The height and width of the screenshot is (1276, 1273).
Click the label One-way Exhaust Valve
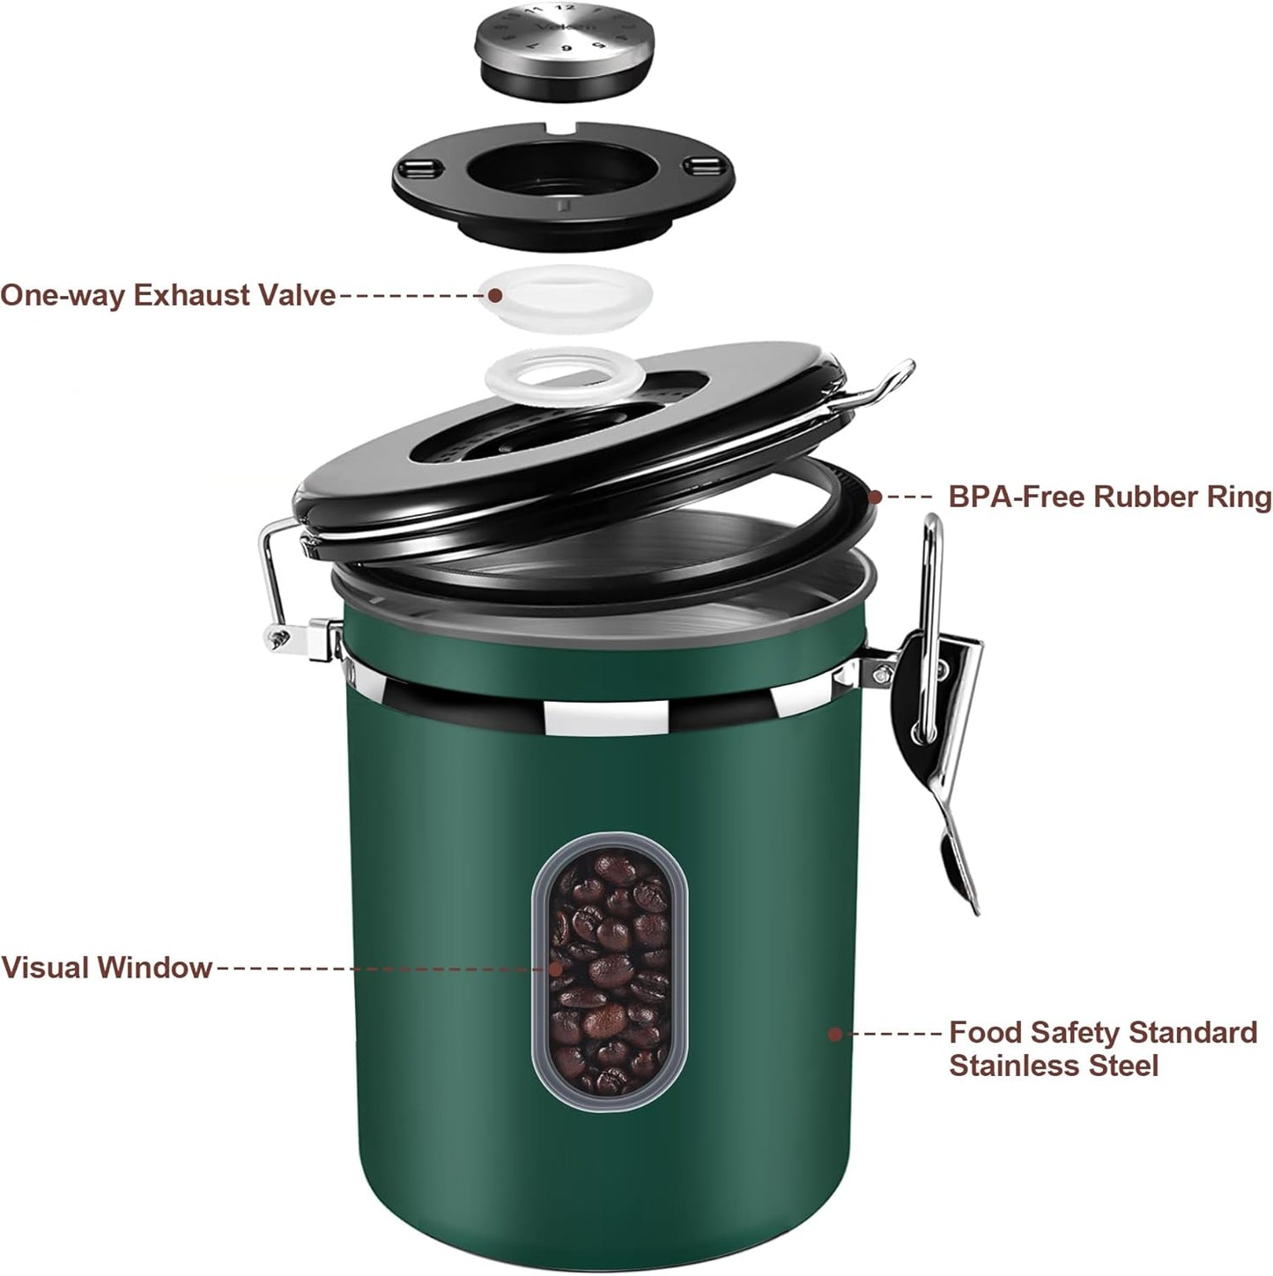[x=167, y=295]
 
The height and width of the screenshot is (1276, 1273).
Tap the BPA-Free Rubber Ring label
[x=1109, y=497]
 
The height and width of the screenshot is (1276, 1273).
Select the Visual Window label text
[x=107, y=967]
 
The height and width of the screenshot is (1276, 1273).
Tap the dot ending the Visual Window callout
[x=556, y=967]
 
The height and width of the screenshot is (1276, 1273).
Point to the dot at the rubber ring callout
[x=875, y=497]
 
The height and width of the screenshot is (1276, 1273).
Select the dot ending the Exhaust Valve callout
[x=495, y=295]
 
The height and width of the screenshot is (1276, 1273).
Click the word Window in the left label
[x=156, y=967]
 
